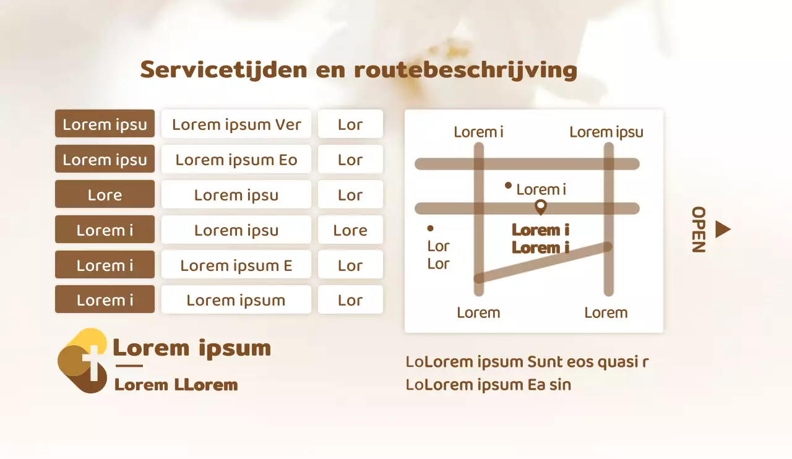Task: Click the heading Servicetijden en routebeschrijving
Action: (358, 70)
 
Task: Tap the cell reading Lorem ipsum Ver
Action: (236, 124)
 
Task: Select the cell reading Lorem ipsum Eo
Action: (236, 159)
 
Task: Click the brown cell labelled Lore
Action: (105, 194)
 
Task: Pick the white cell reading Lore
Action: (350, 230)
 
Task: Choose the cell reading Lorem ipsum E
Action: (236, 265)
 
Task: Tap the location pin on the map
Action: (541, 207)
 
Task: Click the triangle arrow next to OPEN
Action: (722, 229)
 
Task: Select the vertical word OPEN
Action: (699, 229)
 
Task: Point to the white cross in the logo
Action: (93, 363)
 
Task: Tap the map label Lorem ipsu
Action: (606, 132)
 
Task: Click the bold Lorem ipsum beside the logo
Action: (192, 348)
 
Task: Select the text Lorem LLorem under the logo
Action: (176, 385)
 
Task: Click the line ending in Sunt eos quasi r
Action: (527, 362)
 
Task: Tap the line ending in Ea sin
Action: (488, 385)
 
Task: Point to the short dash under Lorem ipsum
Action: (129, 366)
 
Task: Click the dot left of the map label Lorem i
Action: (508, 186)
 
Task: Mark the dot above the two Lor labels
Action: (430, 228)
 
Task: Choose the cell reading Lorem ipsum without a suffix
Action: (236, 299)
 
